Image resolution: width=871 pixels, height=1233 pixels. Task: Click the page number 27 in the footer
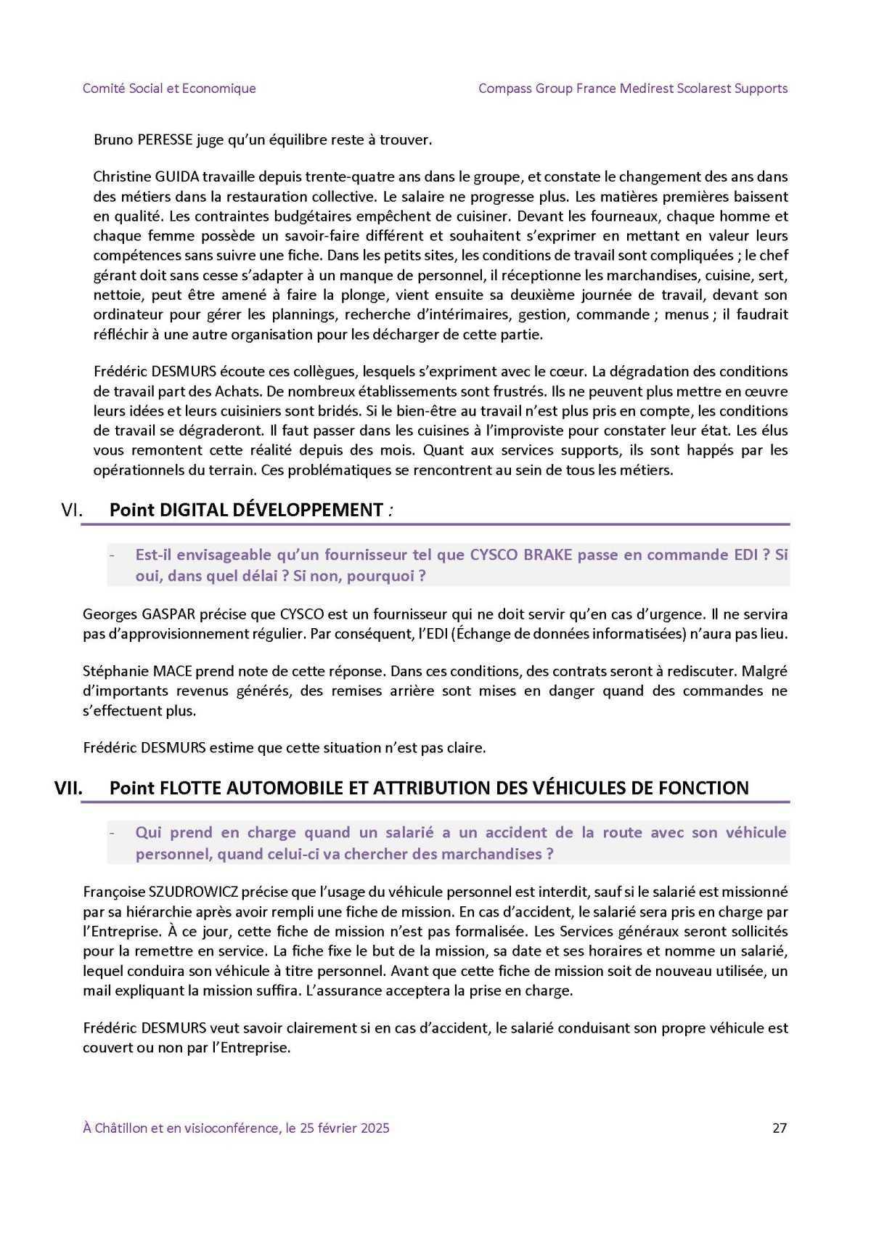(780, 1128)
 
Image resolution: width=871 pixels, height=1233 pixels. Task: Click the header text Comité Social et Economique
(169, 89)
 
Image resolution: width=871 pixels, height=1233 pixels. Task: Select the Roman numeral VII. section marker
(69, 788)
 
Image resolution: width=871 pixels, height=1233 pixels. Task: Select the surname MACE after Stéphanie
(173, 671)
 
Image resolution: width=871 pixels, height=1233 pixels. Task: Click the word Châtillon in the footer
(124, 1128)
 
